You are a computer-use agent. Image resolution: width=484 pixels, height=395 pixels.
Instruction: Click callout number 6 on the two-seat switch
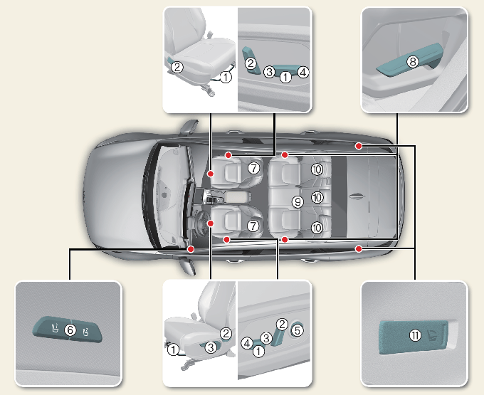point(69,330)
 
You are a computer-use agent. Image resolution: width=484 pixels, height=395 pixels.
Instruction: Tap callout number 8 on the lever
point(412,63)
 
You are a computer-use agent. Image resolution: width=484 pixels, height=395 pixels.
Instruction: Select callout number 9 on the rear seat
point(298,202)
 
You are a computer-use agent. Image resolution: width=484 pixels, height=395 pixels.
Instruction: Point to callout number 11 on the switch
point(416,335)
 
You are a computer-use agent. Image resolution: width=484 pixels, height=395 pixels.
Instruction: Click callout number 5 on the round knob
point(298,330)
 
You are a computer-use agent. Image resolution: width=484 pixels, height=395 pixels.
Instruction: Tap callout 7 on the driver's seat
point(252,225)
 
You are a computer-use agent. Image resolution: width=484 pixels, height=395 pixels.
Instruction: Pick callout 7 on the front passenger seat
point(252,168)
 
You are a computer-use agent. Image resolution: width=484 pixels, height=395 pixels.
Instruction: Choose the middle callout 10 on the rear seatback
point(317,197)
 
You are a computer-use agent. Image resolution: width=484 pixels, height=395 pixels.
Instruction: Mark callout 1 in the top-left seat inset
point(225,77)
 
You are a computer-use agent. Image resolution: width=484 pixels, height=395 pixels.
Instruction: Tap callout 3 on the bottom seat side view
point(210,347)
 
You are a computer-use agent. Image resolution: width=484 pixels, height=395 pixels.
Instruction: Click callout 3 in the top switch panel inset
point(269,72)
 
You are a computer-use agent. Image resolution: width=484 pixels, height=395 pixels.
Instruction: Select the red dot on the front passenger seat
point(210,173)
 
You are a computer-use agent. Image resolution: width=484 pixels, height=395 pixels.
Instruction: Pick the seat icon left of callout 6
point(54,330)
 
